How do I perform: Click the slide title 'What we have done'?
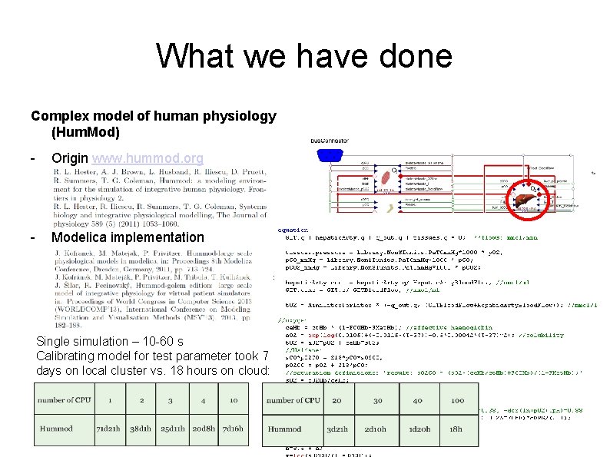pos(304,56)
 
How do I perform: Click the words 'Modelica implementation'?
pos(128,237)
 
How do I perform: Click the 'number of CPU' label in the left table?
pos(65,400)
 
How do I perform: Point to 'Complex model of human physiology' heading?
pos(154,117)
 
